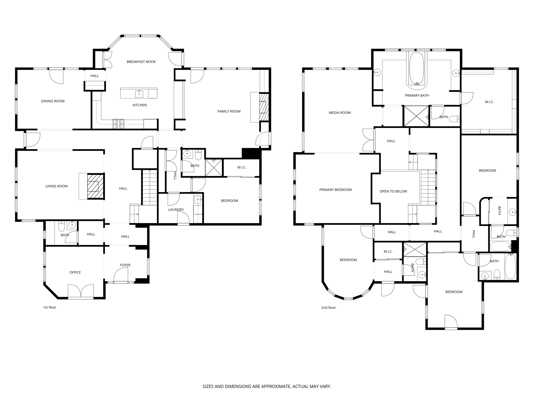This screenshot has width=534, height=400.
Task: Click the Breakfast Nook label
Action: click(x=141, y=62)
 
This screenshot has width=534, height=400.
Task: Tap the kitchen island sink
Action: click(x=139, y=93)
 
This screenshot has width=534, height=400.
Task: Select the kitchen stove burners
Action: click(x=118, y=124)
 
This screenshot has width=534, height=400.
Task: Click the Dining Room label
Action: click(x=53, y=101)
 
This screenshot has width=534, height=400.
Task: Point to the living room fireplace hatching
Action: click(x=95, y=186)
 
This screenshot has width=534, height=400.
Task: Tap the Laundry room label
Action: click(x=176, y=210)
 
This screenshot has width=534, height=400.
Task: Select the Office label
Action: click(x=75, y=272)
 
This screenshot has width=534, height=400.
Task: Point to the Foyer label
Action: click(x=125, y=265)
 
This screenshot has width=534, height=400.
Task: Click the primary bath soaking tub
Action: click(x=417, y=69)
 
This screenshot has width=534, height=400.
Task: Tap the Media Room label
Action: click(x=339, y=113)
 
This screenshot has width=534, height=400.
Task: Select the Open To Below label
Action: click(x=393, y=191)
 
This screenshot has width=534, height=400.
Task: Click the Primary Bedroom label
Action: click(x=335, y=190)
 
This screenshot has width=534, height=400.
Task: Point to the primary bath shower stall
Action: click(x=416, y=116)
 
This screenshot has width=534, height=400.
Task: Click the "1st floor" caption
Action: click(x=50, y=307)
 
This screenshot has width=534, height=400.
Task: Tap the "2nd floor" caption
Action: click(x=328, y=308)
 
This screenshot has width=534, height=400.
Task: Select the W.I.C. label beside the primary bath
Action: click(x=489, y=102)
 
